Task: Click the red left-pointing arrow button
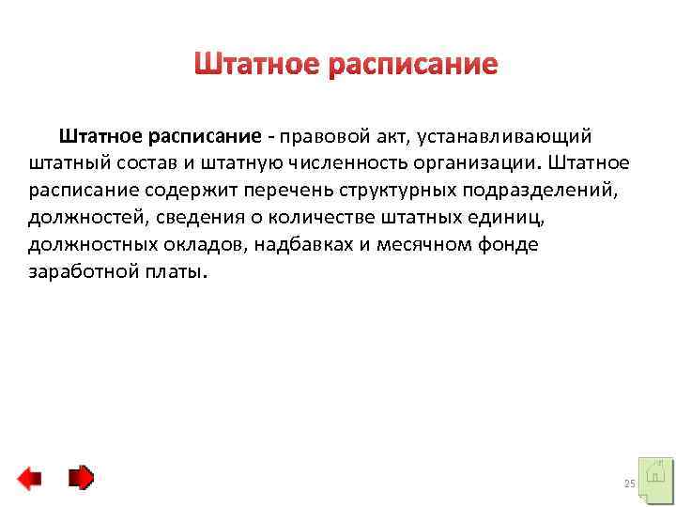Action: point(29,479)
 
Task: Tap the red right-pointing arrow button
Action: point(82,479)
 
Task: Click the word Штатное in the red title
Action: point(256,65)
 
